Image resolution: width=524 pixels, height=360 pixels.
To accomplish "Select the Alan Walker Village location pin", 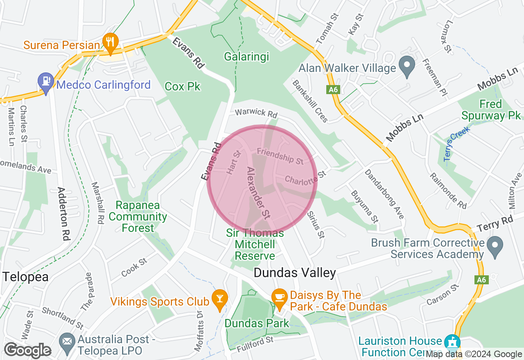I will click(x=407, y=66).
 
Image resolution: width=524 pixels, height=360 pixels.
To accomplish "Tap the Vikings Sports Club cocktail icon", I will click(x=219, y=299).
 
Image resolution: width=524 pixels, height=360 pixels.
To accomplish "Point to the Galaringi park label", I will click(x=246, y=56).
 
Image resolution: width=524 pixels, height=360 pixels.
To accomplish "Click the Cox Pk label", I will click(x=183, y=86).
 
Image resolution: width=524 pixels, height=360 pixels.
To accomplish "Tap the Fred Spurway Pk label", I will click(x=491, y=110).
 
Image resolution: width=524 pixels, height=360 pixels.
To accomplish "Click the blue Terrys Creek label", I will click(x=457, y=144).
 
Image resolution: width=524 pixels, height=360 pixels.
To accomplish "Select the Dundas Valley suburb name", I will click(x=295, y=273).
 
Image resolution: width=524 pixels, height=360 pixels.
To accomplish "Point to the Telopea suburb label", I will click(x=25, y=277).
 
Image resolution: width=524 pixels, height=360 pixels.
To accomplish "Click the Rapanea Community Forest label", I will click(x=138, y=216).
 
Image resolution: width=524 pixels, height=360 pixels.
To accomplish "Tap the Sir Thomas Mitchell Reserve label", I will click(x=255, y=244).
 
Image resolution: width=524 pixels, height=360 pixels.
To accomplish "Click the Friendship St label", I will click(x=280, y=156).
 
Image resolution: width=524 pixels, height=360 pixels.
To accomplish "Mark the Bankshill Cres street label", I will click(x=310, y=101).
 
